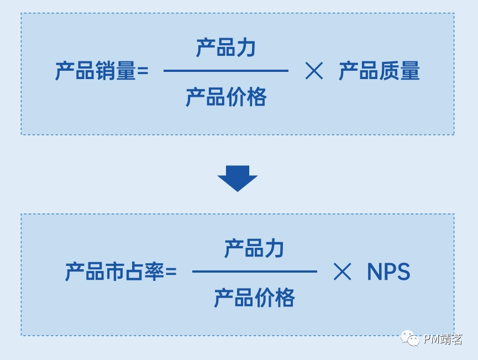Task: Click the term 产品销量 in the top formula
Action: point(95,71)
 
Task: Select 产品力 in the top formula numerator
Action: point(225,48)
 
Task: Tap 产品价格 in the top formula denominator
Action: point(225,97)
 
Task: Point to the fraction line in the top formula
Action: point(225,71)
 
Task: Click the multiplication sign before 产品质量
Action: point(314,71)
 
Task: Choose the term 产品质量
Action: point(379,71)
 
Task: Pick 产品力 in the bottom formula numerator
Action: point(254,249)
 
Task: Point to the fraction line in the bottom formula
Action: point(254,272)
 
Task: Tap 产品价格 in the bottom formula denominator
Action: point(254,298)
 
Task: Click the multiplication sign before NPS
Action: point(342,272)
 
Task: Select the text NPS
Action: point(388,272)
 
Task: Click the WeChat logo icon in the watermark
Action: point(410,338)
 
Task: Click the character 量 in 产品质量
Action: point(410,71)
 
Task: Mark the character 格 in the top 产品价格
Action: point(256,97)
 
